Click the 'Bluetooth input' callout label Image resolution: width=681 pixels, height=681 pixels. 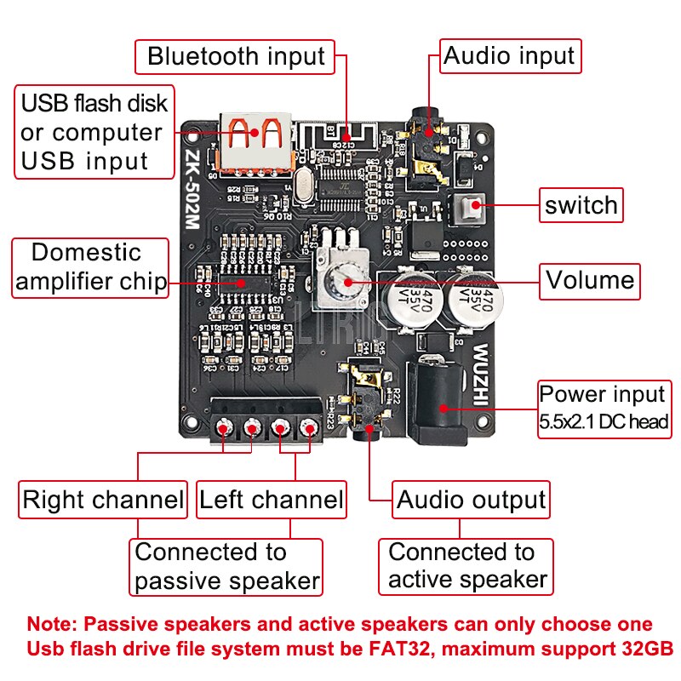[236, 57]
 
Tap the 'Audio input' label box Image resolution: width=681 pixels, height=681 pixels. [509, 57]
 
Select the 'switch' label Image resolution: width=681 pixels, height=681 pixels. [581, 205]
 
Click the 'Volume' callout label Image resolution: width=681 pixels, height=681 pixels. [590, 280]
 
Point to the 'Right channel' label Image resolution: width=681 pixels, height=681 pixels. [103, 500]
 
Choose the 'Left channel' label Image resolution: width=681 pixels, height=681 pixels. [271, 500]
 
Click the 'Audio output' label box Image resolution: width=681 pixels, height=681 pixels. [471, 500]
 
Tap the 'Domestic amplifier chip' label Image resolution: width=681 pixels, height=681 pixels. [90, 268]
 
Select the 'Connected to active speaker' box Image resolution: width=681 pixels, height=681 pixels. [466, 566]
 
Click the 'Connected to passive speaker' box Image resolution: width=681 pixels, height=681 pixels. [226, 567]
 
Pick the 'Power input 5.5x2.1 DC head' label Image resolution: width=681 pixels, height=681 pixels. [603, 407]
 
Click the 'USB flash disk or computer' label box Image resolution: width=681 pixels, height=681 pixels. [93, 132]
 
